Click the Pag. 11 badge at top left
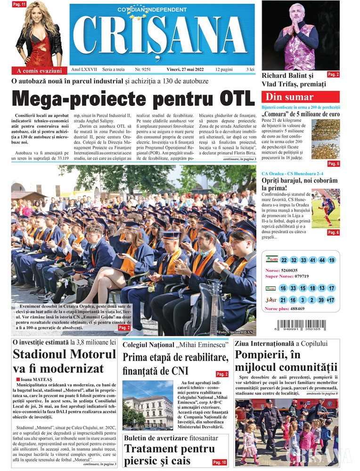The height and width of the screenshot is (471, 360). [19, 5]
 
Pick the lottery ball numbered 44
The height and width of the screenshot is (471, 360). [321, 260]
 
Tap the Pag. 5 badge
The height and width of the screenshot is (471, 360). [333, 163]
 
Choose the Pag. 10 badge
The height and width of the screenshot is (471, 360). [219, 463]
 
